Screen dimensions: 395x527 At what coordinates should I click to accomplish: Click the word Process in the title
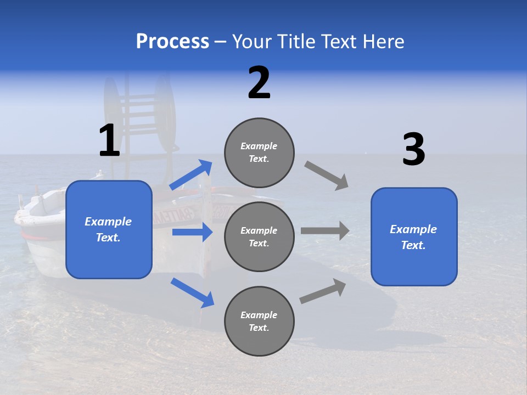(x=172, y=41)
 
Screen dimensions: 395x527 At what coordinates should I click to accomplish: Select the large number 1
(x=109, y=140)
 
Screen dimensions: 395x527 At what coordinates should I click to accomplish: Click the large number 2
(x=259, y=83)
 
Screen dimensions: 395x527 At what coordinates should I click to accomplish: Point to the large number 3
(x=413, y=150)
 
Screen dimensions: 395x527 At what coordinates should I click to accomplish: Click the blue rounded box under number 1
(x=109, y=229)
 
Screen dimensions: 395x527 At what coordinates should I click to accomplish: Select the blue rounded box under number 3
(x=414, y=236)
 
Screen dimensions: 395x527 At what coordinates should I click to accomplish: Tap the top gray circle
(x=259, y=152)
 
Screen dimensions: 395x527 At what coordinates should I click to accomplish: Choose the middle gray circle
(x=259, y=236)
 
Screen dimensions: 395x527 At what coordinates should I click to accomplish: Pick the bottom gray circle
(x=259, y=321)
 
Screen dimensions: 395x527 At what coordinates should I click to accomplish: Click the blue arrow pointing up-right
(x=191, y=175)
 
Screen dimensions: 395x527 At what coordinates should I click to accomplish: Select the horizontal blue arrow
(x=192, y=232)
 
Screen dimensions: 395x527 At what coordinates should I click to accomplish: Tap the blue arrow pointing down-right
(x=192, y=292)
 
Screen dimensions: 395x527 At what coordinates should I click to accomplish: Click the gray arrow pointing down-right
(x=327, y=176)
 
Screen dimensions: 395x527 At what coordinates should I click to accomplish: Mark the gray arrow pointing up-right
(x=323, y=291)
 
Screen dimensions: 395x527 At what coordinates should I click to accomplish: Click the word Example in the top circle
(x=259, y=146)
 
